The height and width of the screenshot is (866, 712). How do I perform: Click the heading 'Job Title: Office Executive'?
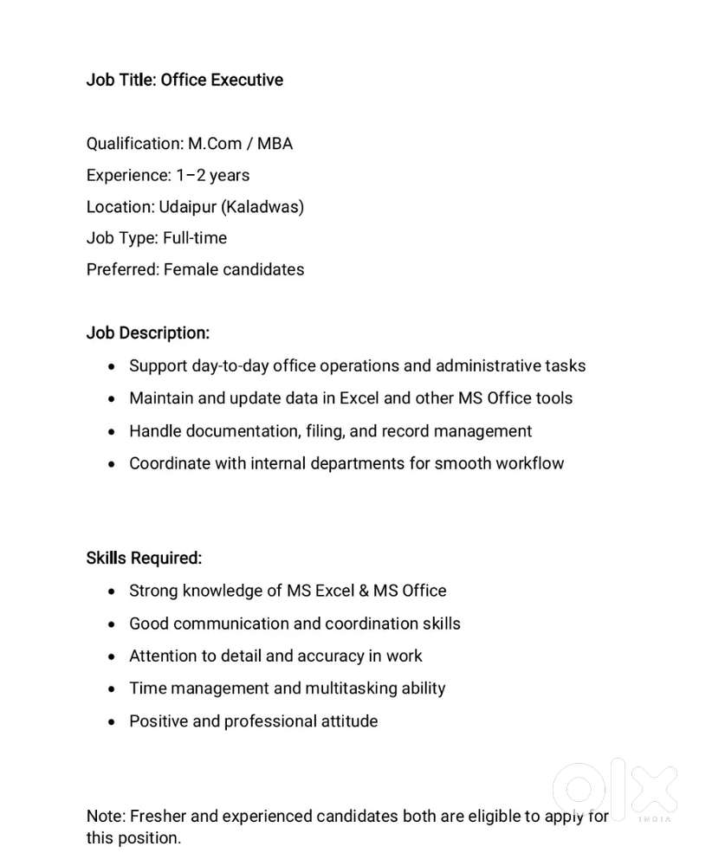point(184,80)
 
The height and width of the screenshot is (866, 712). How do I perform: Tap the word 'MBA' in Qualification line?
point(275,144)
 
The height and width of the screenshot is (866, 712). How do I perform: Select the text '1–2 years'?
point(213,175)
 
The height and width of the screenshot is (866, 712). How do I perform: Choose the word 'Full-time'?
point(195,238)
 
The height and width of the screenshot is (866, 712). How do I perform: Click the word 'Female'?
point(191,269)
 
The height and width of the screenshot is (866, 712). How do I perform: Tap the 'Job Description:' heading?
point(147,333)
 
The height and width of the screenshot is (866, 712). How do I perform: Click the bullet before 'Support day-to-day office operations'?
point(112,367)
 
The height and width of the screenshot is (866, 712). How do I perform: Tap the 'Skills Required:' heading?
point(144,559)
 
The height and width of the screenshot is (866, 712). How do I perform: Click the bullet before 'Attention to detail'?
point(112,657)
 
